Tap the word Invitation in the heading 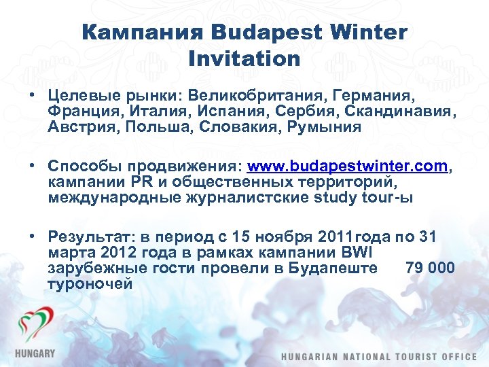pos(244,58)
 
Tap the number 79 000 pos(430,268)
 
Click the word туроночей pos(90,284)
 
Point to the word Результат pos(88,237)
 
